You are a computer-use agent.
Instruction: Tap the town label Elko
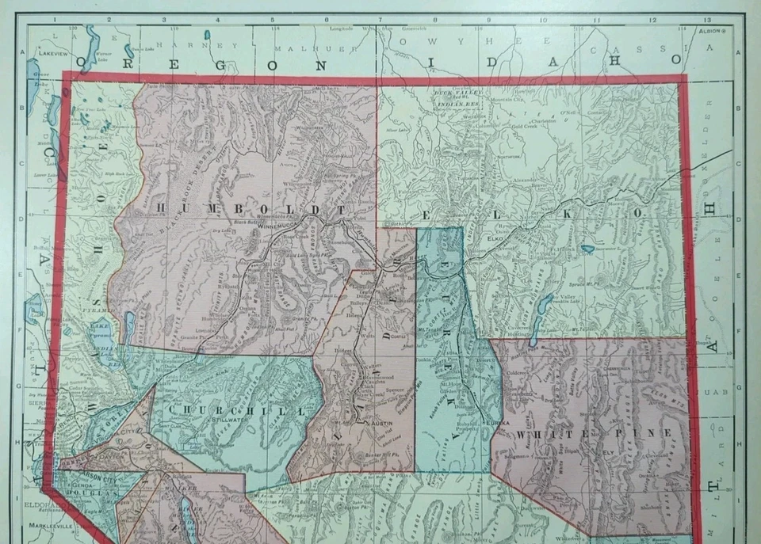tap(497, 237)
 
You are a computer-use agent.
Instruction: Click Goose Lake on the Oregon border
tap(33, 79)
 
